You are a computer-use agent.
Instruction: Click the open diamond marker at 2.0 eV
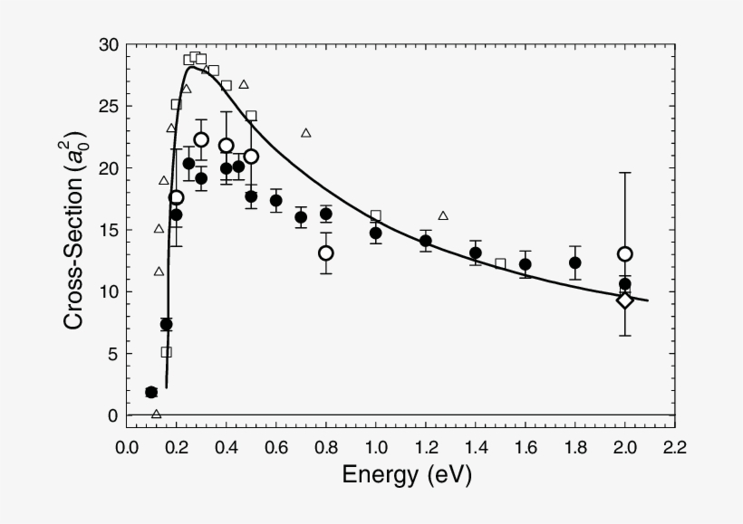click(x=624, y=300)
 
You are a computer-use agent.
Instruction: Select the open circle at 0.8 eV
click(x=325, y=252)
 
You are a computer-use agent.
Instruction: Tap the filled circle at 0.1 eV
click(x=151, y=392)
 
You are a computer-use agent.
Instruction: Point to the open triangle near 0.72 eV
click(x=306, y=133)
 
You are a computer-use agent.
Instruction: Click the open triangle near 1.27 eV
click(x=443, y=215)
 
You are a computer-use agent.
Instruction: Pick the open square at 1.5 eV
click(x=500, y=263)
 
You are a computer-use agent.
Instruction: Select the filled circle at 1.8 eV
click(x=574, y=262)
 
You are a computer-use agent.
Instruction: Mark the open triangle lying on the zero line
click(x=156, y=414)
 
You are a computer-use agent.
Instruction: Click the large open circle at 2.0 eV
click(x=624, y=253)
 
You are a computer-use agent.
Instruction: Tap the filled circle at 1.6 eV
click(x=525, y=264)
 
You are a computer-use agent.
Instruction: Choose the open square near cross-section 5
click(x=166, y=352)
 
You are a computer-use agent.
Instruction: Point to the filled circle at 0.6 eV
click(x=275, y=201)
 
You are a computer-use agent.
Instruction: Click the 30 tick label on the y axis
click(x=107, y=45)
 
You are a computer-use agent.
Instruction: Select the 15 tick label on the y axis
click(x=107, y=230)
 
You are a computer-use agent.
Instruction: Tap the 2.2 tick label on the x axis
click(x=674, y=447)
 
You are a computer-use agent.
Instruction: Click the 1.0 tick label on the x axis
click(x=375, y=447)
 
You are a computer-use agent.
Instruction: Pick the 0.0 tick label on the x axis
click(x=127, y=447)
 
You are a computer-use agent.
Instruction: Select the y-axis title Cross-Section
click(x=76, y=231)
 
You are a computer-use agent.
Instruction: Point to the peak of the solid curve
click(x=192, y=66)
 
